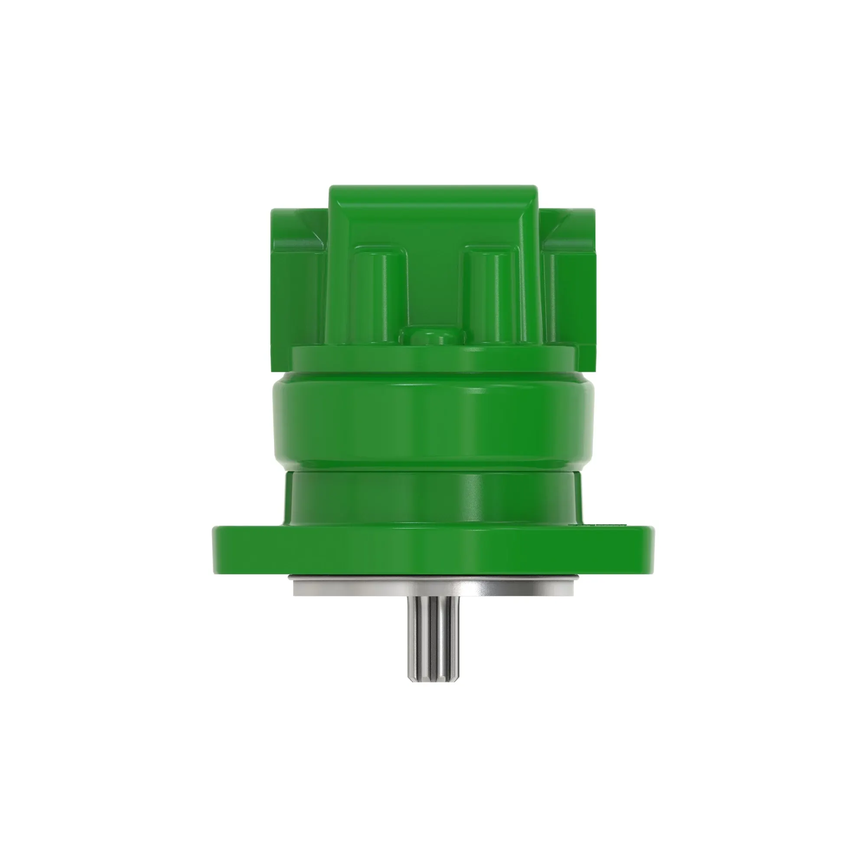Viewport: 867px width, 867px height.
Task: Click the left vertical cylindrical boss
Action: tap(379, 294)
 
